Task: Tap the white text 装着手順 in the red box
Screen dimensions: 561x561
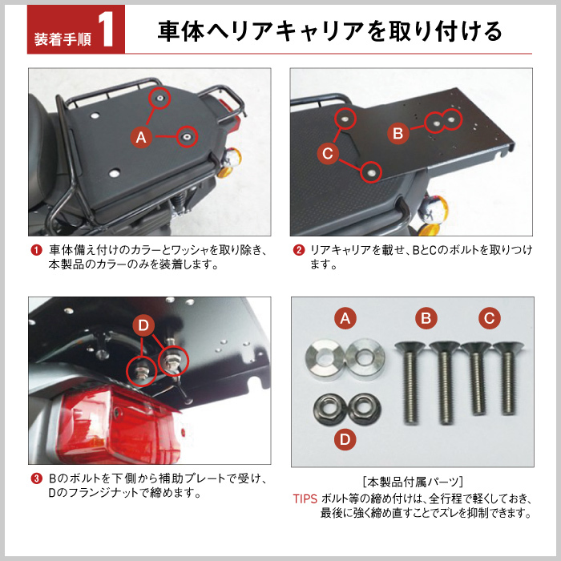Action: tap(63, 39)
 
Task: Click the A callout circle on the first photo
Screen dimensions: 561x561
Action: tap(141, 137)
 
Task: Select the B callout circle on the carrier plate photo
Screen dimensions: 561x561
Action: tap(398, 133)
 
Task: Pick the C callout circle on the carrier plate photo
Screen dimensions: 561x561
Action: tap(328, 154)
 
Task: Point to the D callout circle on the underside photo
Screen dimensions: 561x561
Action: tap(143, 325)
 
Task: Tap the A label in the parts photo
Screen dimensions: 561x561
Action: tap(345, 318)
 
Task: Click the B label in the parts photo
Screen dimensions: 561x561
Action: tap(426, 318)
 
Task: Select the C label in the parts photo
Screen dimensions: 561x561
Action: tap(490, 318)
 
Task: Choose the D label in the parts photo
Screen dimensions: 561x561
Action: tap(345, 439)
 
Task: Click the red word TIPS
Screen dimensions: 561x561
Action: tap(305, 498)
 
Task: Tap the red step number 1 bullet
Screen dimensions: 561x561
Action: tap(36, 250)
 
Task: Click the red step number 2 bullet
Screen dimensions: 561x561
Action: tap(298, 250)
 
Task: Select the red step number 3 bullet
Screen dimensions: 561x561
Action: tap(36, 478)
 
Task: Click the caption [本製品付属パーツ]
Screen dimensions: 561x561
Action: tap(413, 482)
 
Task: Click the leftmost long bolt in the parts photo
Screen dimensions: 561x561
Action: tap(410, 383)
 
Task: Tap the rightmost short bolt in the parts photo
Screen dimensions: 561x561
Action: tap(508, 378)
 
